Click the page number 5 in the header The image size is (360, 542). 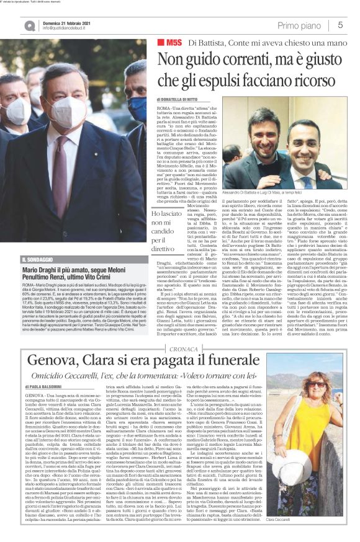pyautogui.click(x=340, y=25)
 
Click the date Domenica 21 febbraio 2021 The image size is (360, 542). pyautogui.click(x=66, y=22)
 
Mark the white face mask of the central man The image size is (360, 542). pyautogui.click(x=68, y=108)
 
